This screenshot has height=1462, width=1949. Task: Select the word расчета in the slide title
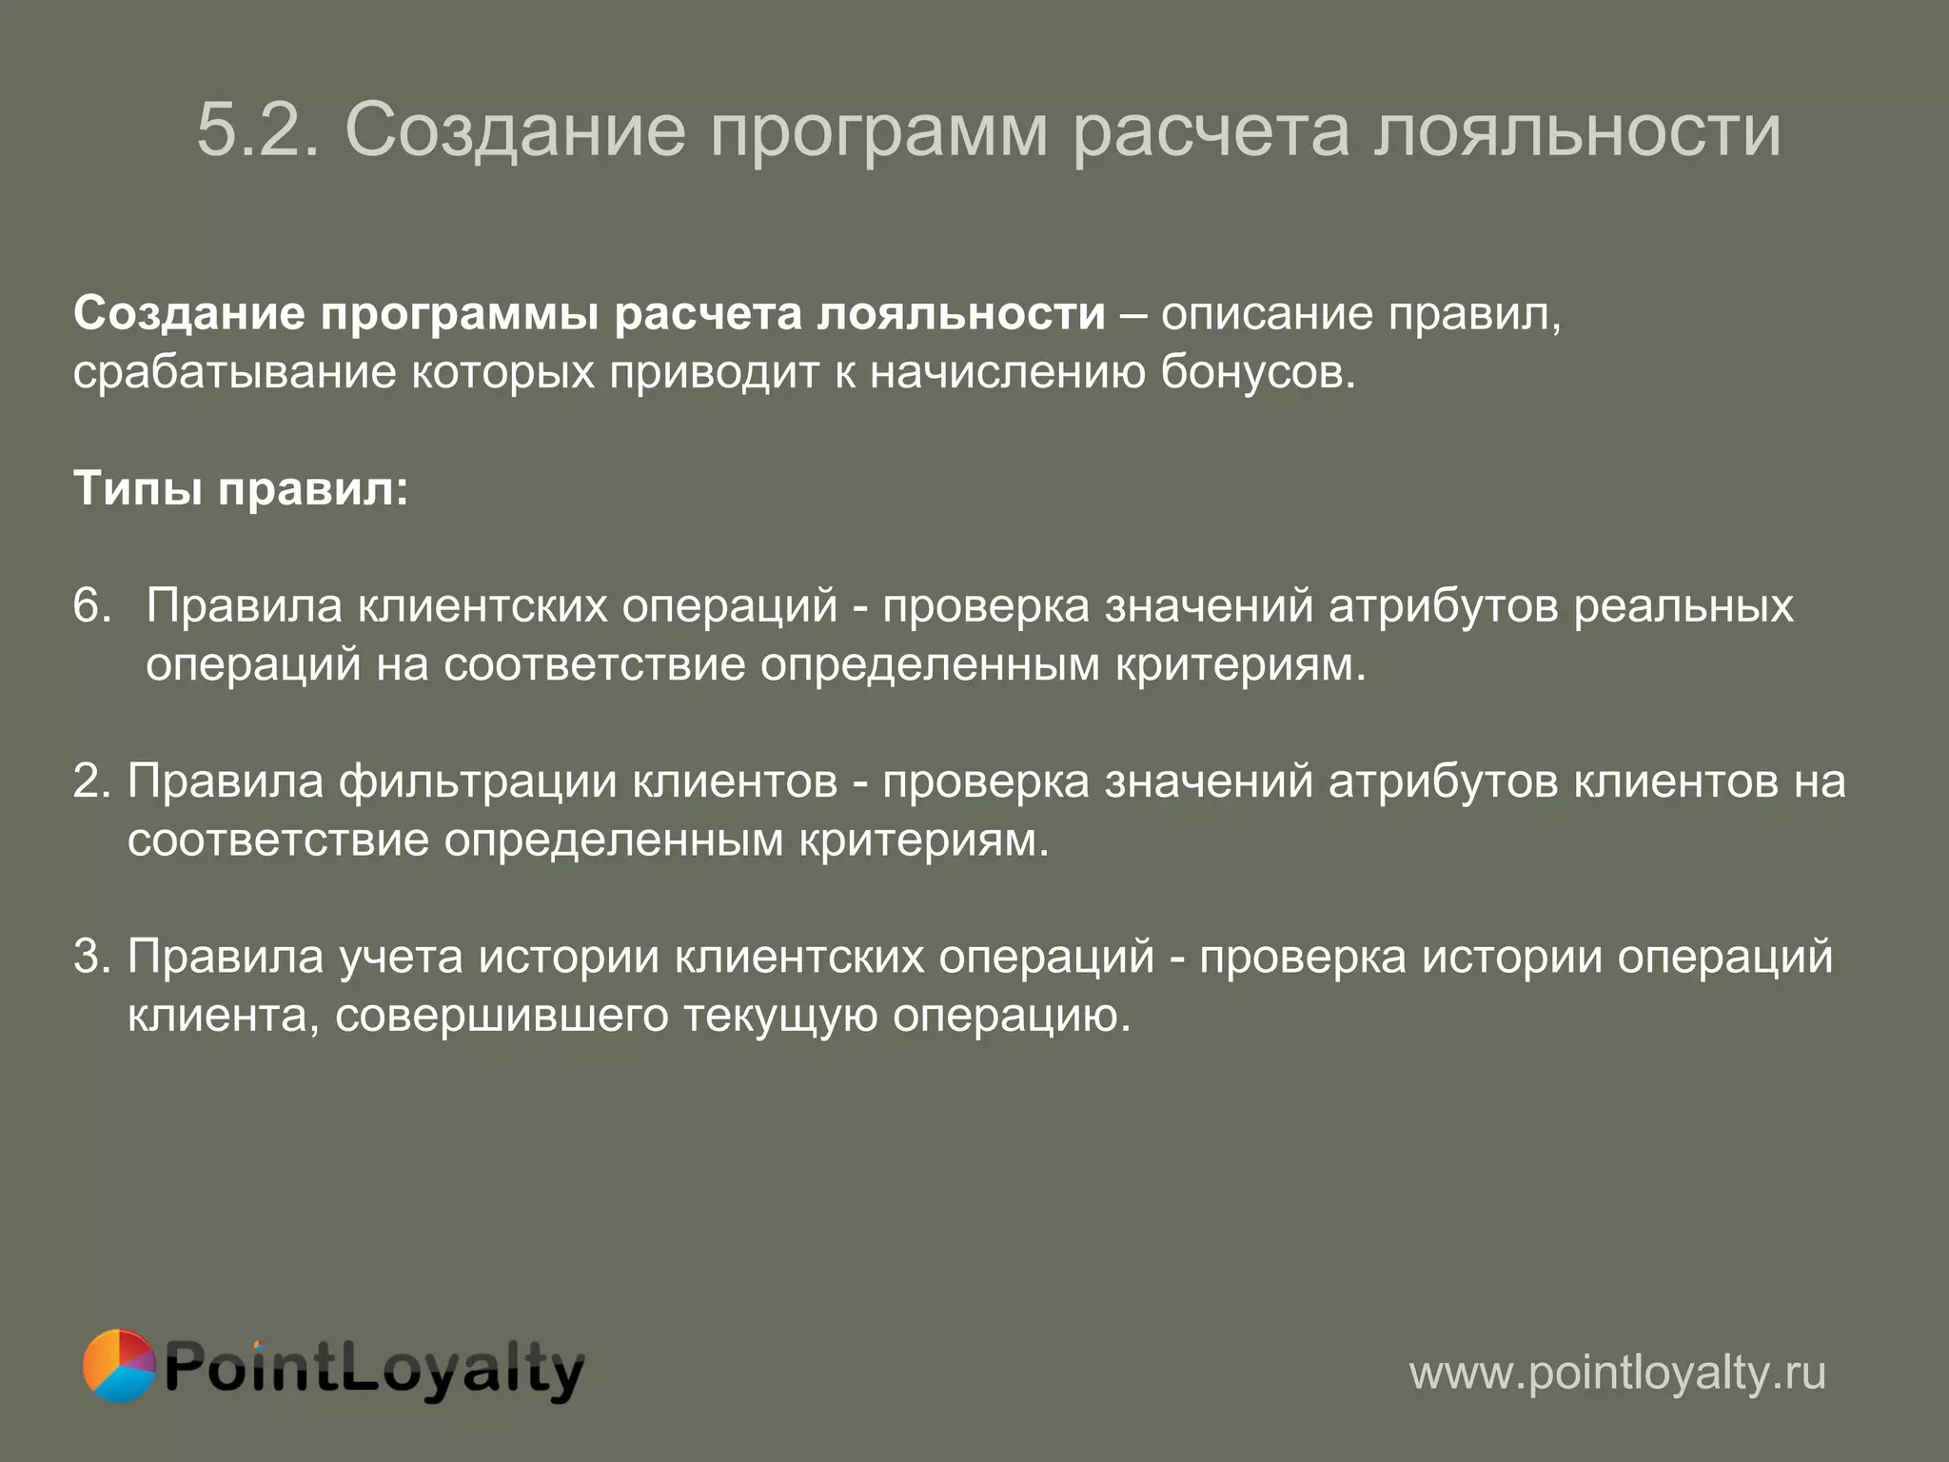click(x=1211, y=131)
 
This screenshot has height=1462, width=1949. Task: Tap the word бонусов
click(x=1257, y=373)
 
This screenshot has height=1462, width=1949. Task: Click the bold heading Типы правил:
click(x=241, y=490)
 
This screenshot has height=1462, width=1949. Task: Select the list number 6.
click(x=92, y=606)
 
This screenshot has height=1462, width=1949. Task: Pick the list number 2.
click(x=92, y=781)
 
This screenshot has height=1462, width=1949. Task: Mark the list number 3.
click(x=92, y=957)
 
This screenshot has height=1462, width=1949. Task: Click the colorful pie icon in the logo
click(x=119, y=1366)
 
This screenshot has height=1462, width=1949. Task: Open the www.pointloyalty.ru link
click(x=1617, y=1373)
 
